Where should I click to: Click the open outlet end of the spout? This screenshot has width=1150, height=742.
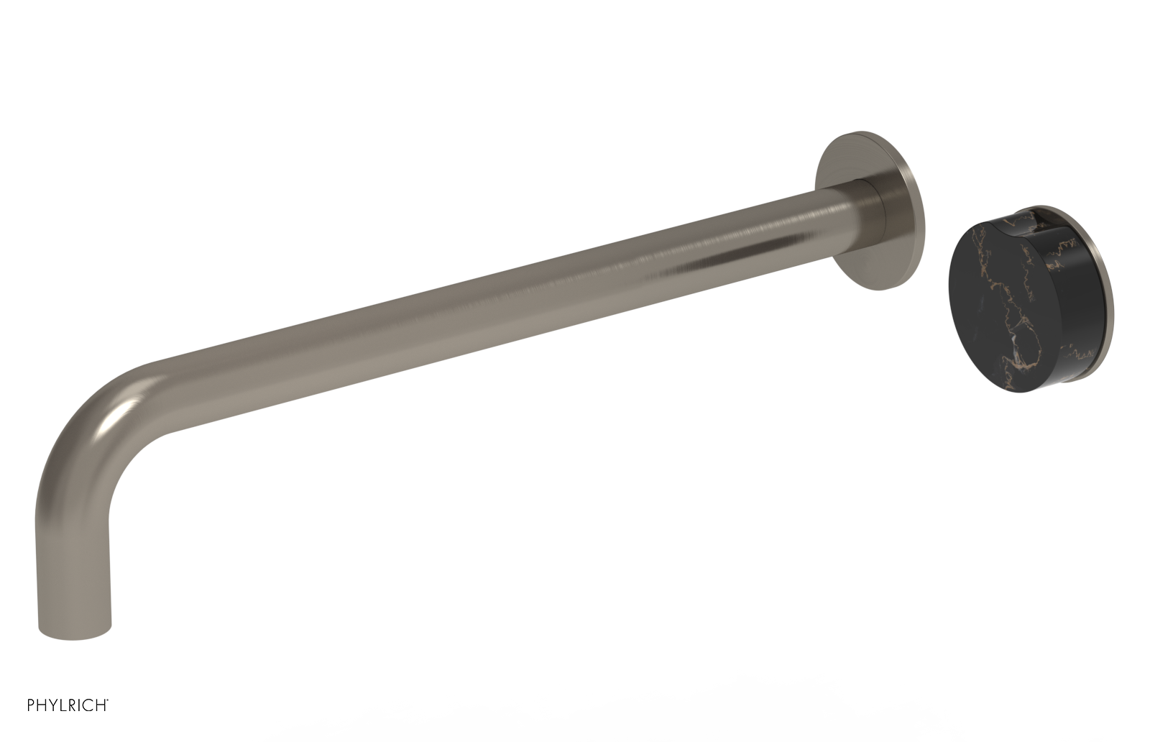(75, 633)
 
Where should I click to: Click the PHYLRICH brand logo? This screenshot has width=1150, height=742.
(68, 705)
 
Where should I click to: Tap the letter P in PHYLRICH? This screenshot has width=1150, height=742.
(32, 705)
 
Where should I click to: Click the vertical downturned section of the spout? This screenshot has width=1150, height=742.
(72, 561)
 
